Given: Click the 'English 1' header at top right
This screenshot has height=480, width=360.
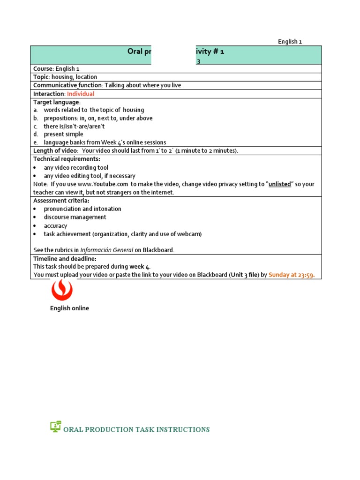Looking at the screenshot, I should [290, 41].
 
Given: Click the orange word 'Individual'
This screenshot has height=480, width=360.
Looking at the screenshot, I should [81, 94].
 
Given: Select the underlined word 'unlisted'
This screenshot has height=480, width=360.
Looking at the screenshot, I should [279, 184].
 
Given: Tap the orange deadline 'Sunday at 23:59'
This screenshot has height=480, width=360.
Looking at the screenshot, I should [294, 275].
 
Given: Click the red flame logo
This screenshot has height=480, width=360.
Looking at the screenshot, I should [62, 290].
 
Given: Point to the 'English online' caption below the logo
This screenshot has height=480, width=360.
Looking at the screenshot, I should [69, 308].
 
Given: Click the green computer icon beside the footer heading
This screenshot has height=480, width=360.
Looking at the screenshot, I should [56, 426].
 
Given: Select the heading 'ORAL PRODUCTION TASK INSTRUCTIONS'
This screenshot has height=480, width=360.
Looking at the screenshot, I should [136, 429].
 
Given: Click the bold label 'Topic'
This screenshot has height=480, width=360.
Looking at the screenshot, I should [41, 77].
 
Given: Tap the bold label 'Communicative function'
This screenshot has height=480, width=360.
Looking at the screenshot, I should [67, 85].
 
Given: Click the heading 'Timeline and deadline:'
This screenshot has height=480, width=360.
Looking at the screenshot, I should [65, 259].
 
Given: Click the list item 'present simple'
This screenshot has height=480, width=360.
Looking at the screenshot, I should [63, 134].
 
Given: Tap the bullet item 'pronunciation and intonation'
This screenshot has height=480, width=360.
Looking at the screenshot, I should [82, 209].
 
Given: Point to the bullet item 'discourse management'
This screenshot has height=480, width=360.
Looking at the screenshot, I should [75, 217].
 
